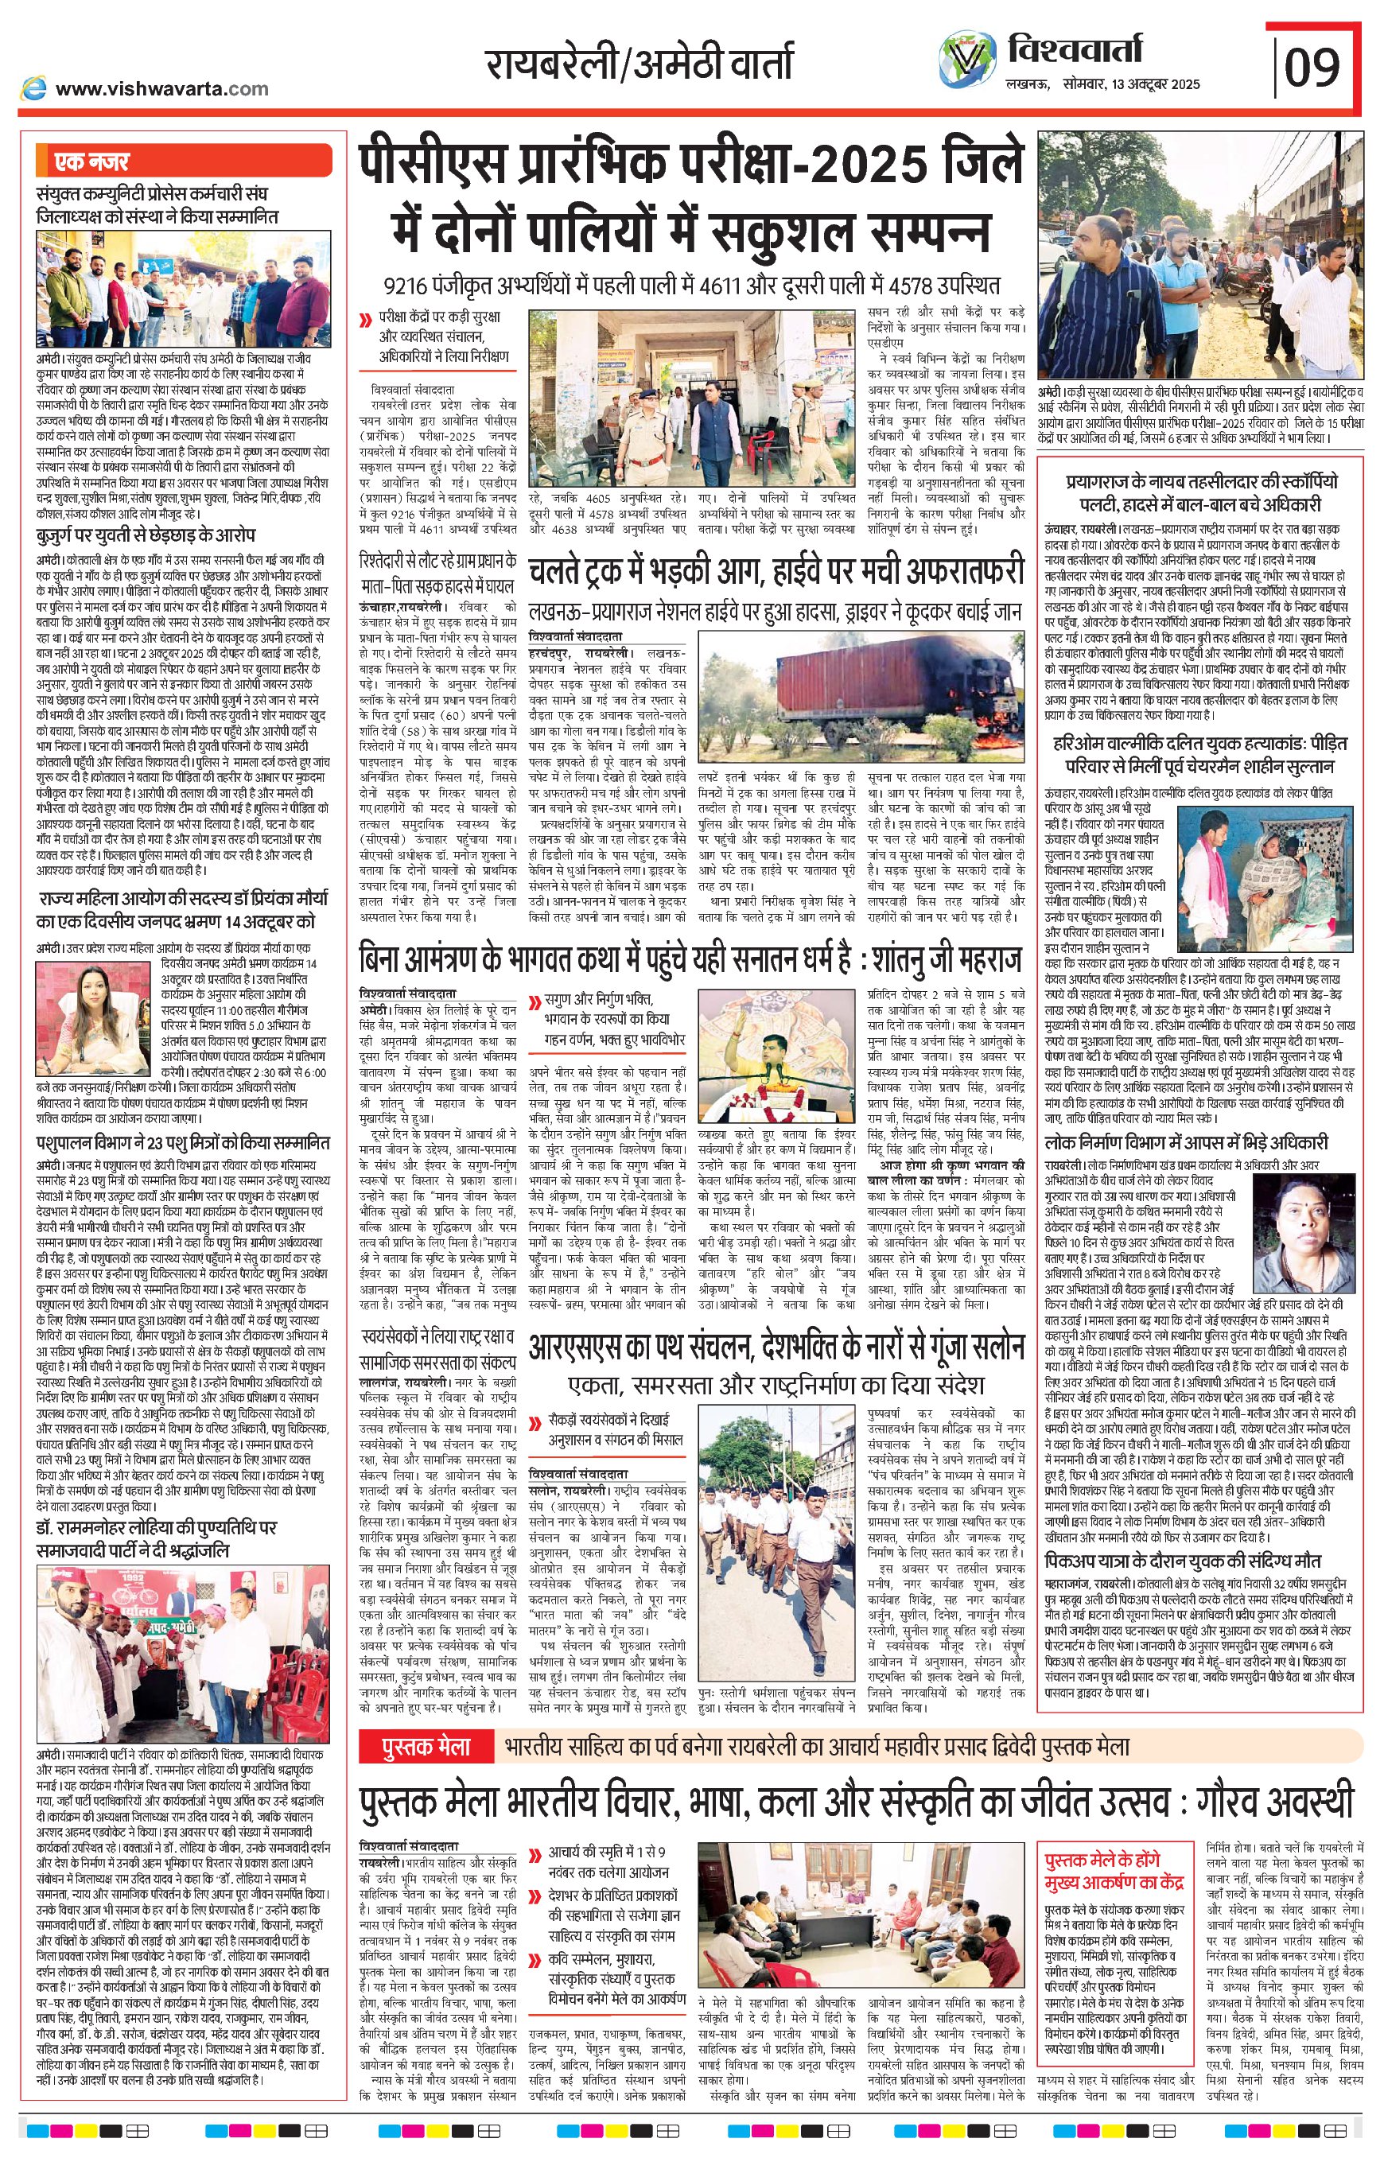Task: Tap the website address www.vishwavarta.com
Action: (x=161, y=88)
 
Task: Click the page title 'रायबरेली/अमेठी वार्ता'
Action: (x=639, y=64)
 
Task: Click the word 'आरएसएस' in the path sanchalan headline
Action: (x=584, y=1347)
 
